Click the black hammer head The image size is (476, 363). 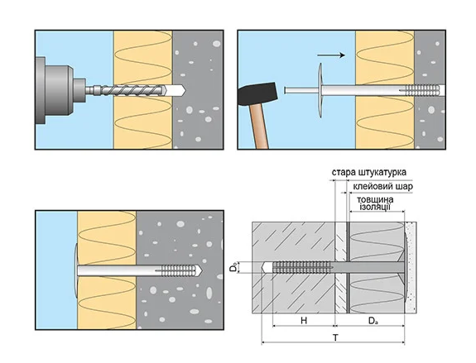pyautogui.click(x=257, y=93)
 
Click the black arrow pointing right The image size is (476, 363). pyautogui.click(x=331, y=55)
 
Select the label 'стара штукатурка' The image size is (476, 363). pyautogui.click(x=369, y=172)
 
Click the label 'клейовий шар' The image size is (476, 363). pyautogui.click(x=382, y=186)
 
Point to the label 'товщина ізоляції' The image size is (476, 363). pyautogui.click(x=375, y=203)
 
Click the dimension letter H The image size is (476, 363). pyautogui.click(x=304, y=321)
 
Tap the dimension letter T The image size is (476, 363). pyautogui.click(x=335, y=338)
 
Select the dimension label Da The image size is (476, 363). pyautogui.click(x=373, y=321)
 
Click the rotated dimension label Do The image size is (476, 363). pyautogui.click(x=233, y=267)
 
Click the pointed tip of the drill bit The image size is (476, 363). pyautogui.click(x=185, y=90)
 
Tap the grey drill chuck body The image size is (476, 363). pyautogui.click(x=55, y=90)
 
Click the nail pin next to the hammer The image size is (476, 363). pyautogui.click(x=301, y=90)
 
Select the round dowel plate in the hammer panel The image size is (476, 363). pyautogui.click(x=320, y=91)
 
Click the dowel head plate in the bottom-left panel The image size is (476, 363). pyautogui.click(x=75, y=270)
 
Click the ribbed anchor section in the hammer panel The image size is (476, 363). pyautogui.click(x=422, y=90)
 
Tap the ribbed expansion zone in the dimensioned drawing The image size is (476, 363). pyautogui.click(x=302, y=267)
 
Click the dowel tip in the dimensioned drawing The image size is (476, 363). pyautogui.click(x=264, y=267)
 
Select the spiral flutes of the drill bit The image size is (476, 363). pyautogui.click(x=132, y=90)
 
